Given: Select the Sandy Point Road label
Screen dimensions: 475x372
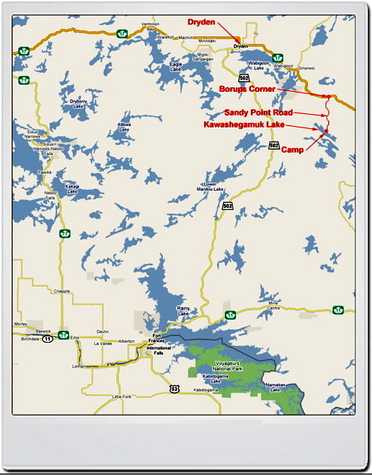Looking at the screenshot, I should coord(258,112).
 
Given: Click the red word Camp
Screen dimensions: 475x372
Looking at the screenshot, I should coord(292,150).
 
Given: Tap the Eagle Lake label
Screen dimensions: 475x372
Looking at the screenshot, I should coord(176,66).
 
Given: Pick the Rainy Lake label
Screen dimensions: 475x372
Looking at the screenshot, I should coord(183,314).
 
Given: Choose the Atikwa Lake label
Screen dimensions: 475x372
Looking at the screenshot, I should coord(124,127).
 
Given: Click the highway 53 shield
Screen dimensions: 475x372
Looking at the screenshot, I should coord(173,389).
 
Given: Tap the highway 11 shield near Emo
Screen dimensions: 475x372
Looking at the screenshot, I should coord(47,338).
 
